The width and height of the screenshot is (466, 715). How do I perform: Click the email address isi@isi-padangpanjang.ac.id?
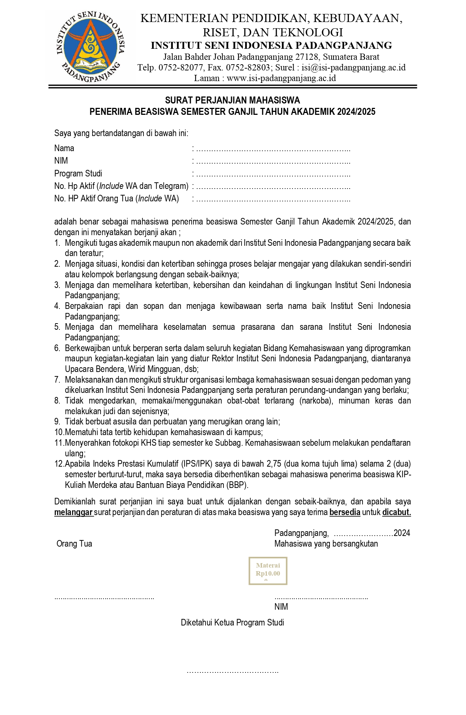tap(354, 68)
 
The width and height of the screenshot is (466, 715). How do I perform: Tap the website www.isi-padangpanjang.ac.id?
tap(281, 78)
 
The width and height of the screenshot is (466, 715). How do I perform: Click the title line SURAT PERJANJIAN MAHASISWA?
tap(232, 100)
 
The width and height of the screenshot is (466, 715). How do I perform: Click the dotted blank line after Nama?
tap(273, 149)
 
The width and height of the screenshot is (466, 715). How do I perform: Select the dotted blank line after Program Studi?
tap(273, 174)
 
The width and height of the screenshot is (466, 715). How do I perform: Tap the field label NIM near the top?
tap(61, 161)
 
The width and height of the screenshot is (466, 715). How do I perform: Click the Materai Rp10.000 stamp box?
tap(268, 570)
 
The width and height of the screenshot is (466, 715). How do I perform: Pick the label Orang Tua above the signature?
tap(74, 544)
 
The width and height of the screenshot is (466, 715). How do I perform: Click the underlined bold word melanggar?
tap(73, 512)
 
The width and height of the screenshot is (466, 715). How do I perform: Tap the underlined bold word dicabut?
tap(396, 512)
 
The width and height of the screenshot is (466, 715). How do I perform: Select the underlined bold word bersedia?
tap(345, 512)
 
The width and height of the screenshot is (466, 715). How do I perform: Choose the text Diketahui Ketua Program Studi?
tap(232, 623)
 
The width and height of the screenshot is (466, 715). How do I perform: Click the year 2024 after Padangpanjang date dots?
tap(402, 533)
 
